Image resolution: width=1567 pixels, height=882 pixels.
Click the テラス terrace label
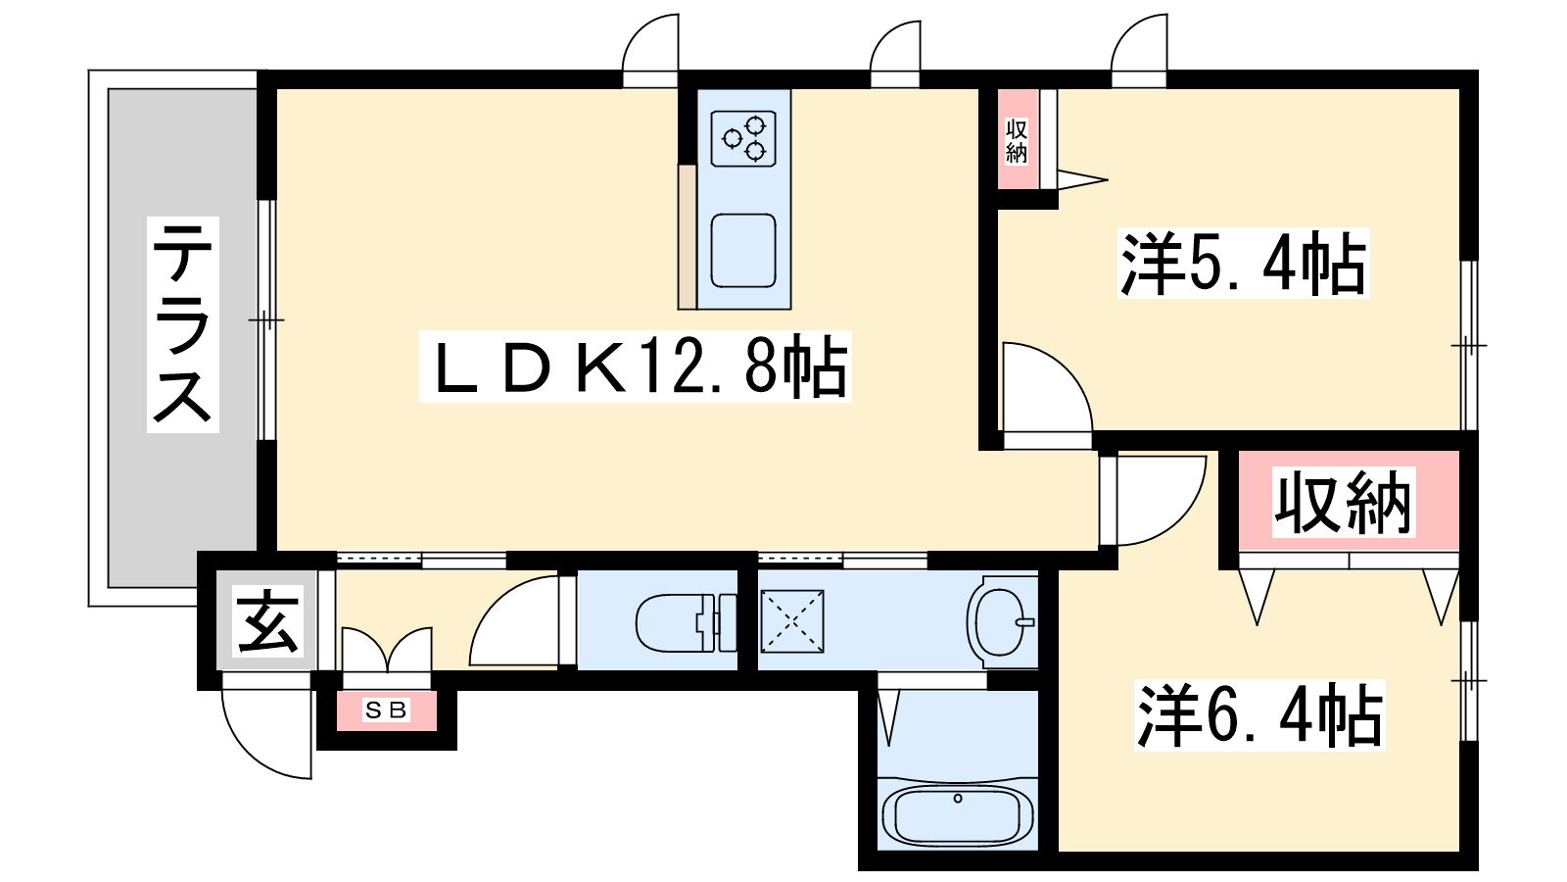point(182,324)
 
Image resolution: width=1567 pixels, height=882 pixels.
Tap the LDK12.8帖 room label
point(636,367)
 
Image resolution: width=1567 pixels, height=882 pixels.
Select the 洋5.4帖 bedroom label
point(1243,264)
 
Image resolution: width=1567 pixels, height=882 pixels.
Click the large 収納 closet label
point(1343,502)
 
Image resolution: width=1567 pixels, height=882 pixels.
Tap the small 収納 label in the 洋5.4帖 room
point(1017,141)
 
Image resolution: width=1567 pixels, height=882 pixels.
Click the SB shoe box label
point(386,710)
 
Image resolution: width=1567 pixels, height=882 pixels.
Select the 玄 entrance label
point(267,621)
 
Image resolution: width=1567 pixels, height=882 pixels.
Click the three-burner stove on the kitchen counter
point(743,138)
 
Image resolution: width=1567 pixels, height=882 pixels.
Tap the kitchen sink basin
point(743,251)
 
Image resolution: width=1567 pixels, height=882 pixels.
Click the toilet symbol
point(687,622)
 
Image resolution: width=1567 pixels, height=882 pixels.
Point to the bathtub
point(958,817)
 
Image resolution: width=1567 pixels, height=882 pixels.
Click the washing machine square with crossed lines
point(792,621)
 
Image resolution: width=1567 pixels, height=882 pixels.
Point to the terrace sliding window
point(266,319)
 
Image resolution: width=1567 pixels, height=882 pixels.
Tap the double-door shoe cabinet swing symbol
point(386,650)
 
